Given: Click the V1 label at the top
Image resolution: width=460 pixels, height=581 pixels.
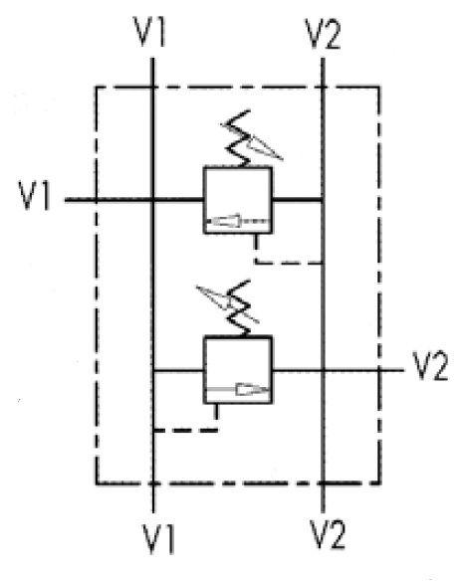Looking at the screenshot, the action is pos(149,32).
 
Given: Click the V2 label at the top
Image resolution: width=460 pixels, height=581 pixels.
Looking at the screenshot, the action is pos(322,34).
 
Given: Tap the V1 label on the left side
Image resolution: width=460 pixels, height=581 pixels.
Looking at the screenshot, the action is pos(34,195).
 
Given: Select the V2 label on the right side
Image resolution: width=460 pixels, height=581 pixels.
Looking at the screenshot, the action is pos(430,366).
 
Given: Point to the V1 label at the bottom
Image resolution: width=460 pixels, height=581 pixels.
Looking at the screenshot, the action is pos(158,538).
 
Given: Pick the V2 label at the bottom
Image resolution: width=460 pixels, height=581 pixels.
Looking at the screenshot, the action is pos(328,534).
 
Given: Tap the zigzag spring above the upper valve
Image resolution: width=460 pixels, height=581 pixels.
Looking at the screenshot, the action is pos(237,138).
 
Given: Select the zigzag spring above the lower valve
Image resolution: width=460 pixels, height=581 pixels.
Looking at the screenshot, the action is pos(238,308).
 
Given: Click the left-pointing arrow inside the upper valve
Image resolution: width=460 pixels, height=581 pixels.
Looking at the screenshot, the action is pos(237,221).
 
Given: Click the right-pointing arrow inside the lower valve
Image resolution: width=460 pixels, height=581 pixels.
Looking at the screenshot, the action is pos(237,389).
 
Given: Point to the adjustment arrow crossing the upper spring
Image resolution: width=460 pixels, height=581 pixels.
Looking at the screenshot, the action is pos(252,142).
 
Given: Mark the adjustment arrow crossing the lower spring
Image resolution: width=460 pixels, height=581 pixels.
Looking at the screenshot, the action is pos(227,303).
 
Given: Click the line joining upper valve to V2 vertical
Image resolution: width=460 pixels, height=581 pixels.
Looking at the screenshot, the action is pos(298,200).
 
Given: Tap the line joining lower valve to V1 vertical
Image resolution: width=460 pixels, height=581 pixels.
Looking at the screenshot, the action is pos(178,370).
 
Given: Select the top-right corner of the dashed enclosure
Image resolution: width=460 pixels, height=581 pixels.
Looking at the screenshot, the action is pos(378,88).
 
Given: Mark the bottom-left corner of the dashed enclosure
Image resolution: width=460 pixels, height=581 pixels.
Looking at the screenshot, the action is pos(97,484).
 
